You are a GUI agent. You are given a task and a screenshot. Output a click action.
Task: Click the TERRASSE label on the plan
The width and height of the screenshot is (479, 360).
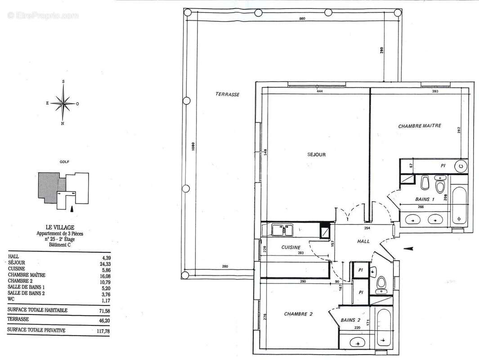[x=227, y=94]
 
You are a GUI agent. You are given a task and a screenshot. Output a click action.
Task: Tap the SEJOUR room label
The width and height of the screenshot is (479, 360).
[x=316, y=155]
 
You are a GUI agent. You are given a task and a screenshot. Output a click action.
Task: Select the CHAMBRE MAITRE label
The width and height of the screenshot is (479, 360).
[x=420, y=126]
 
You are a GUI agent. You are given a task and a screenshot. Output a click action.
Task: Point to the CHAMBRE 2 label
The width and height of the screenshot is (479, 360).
[x=298, y=314]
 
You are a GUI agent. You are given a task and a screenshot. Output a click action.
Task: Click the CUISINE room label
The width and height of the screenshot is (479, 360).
[x=291, y=247]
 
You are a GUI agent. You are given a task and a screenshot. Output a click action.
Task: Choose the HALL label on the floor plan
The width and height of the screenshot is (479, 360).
[x=363, y=241]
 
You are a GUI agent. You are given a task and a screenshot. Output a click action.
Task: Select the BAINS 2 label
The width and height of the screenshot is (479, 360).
[x=351, y=320]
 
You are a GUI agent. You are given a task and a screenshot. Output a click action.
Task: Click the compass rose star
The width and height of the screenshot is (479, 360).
[x=63, y=103]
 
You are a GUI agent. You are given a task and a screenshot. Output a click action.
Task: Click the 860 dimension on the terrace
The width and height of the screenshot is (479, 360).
[x=302, y=18]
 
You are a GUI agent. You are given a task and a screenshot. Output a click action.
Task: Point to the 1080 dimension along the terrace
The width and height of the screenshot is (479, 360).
[x=192, y=146]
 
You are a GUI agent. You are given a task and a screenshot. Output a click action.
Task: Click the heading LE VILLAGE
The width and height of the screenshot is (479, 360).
[x=59, y=228]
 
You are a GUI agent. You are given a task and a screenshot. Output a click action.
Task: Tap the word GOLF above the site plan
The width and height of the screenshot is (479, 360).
[x=64, y=162]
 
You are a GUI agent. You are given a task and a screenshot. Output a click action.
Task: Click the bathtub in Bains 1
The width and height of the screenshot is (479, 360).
[x=459, y=207]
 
